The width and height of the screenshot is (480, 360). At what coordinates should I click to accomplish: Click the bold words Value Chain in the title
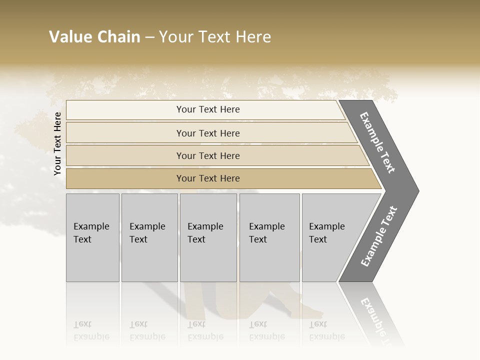tap(94, 37)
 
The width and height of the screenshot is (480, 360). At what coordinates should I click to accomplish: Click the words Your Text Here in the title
tap(215, 37)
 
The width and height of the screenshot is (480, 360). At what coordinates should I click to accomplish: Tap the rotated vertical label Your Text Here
tap(58, 143)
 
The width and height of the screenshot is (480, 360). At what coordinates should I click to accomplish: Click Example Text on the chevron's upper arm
tap(377, 142)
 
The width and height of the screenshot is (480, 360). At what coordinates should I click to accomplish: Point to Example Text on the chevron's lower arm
tap(379, 236)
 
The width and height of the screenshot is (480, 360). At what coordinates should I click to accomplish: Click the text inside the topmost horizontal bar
tap(208, 109)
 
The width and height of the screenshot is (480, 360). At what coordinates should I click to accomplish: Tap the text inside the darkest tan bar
tap(208, 178)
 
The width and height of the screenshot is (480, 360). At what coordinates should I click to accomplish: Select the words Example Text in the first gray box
tap(91, 233)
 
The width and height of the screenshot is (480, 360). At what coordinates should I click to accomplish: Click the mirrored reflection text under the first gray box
tap(91, 330)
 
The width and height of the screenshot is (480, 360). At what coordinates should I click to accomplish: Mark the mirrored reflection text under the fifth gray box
tap(326, 330)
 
